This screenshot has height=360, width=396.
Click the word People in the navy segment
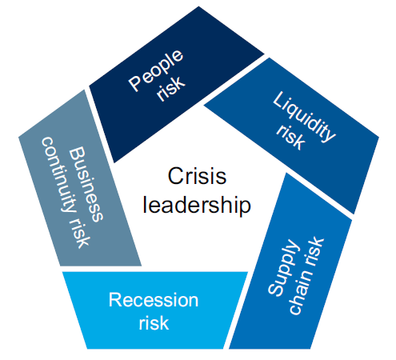pos(156,70)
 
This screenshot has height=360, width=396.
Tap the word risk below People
pos(170,89)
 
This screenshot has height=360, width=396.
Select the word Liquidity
pos(305,117)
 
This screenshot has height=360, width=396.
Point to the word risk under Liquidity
pos(290,137)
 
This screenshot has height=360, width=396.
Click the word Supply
pos(282,267)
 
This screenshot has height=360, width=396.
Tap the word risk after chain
pos(314,251)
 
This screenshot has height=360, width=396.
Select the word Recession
pos(154,300)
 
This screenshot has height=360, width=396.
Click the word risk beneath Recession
pos(154,323)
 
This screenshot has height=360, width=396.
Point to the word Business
pos(86,184)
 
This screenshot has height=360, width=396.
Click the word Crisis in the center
pos(197,176)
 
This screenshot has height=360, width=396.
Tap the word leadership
pos(197,205)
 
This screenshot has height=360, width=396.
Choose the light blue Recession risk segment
pos(154,310)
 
